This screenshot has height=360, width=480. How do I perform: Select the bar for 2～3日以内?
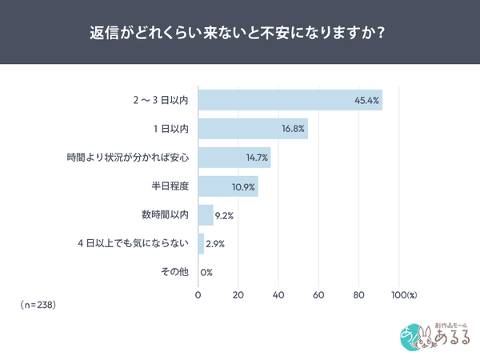(x=290, y=100)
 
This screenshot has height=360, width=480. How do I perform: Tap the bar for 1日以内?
(x=253, y=129)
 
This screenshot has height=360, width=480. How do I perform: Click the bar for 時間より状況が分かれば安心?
(x=234, y=158)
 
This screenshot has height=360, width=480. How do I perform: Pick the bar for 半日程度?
(x=228, y=186)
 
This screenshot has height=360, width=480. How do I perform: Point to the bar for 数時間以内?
(x=206, y=214)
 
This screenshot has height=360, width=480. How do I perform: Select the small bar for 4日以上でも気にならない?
(x=201, y=243)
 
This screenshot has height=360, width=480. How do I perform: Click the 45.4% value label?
(x=366, y=101)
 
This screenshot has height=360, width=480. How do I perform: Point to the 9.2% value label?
(x=226, y=215)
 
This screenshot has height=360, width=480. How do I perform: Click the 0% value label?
(x=206, y=273)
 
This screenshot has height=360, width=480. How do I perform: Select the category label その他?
(x=174, y=272)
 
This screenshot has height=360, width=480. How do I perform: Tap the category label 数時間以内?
(x=164, y=215)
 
